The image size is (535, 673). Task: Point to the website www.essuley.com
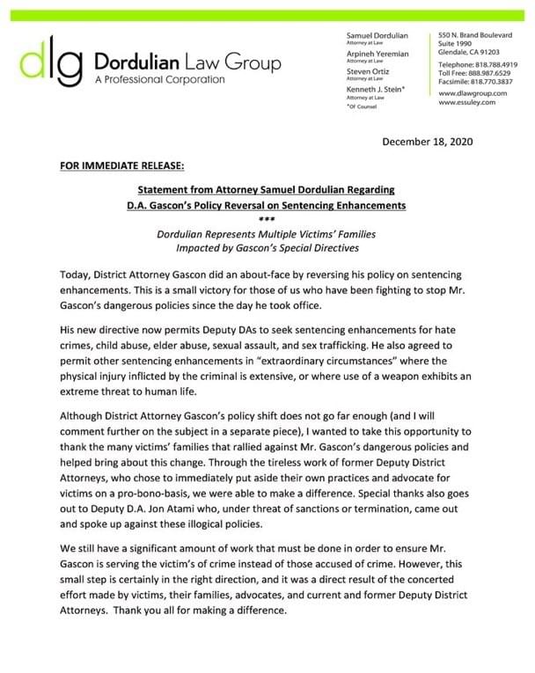(466, 102)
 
